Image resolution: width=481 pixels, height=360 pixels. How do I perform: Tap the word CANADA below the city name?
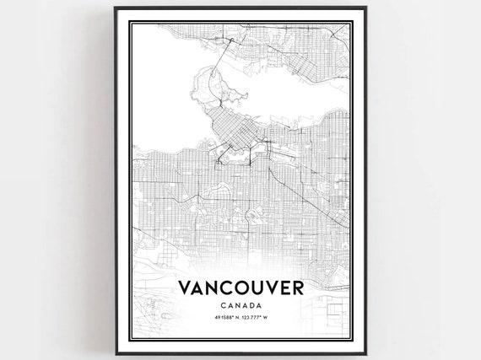click(241, 304)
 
